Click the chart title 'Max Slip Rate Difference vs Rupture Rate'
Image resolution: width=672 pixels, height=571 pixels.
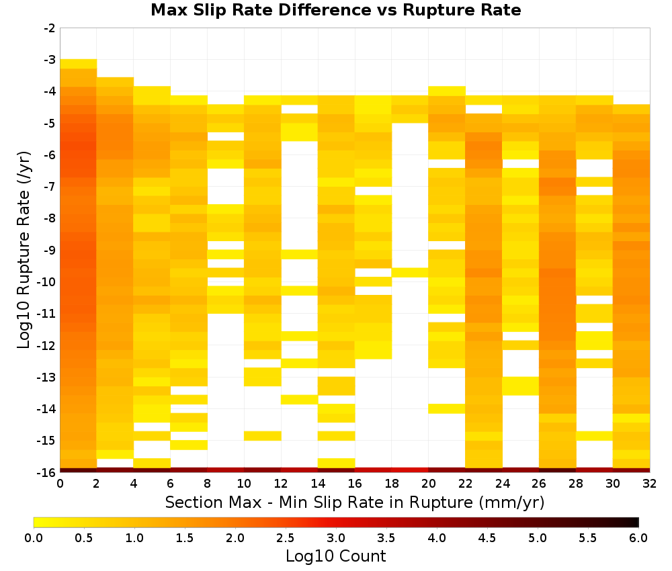[x=335, y=10]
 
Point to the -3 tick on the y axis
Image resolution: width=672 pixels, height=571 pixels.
[x=50, y=60]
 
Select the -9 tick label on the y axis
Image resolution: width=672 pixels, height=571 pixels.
[x=50, y=250]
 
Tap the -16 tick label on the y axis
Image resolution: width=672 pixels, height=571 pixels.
[x=47, y=472]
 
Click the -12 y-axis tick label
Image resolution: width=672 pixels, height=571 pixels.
[x=47, y=346]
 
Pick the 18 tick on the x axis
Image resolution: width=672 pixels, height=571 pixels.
[x=391, y=484]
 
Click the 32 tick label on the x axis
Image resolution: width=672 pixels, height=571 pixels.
[x=649, y=484]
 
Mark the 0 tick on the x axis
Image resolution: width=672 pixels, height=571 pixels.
[x=60, y=484]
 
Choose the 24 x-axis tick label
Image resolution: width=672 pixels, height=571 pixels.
[x=502, y=484]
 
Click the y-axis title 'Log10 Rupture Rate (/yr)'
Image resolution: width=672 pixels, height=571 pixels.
[x=24, y=250]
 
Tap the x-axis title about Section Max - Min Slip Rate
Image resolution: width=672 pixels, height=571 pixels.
[x=355, y=502]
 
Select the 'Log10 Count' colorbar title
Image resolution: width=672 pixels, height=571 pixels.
[x=335, y=556]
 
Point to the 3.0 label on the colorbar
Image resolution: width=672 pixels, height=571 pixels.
[x=336, y=538]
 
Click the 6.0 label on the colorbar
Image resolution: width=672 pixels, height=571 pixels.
[x=638, y=538]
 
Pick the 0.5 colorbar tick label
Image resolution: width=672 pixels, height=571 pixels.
[x=84, y=538]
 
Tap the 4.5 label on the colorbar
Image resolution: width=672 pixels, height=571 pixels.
[x=487, y=538]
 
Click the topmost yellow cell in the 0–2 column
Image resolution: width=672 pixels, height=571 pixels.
[x=79, y=64]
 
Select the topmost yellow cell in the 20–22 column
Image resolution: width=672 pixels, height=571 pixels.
[x=447, y=91]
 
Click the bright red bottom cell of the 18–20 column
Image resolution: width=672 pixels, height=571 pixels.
[x=410, y=470]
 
